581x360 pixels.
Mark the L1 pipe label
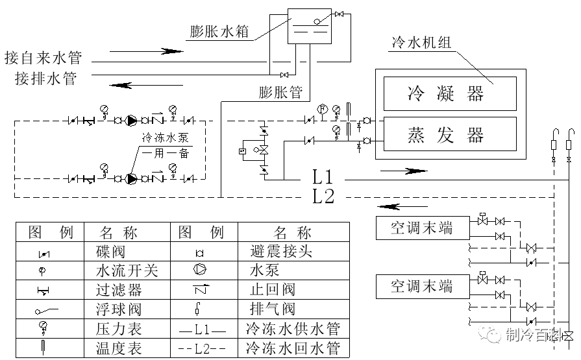click(x=323, y=176)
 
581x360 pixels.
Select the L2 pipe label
click(x=323, y=196)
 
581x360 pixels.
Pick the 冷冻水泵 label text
click(x=165, y=138)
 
